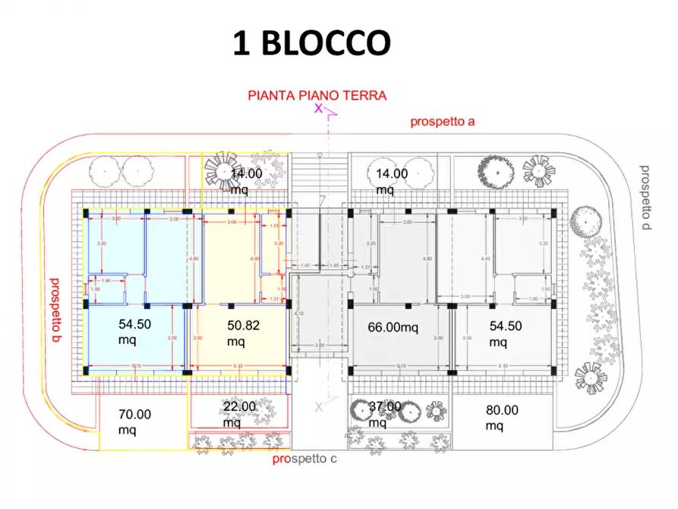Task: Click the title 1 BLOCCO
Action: (311, 43)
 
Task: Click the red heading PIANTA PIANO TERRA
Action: (317, 96)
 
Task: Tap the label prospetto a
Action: (443, 122)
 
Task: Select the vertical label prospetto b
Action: (55, 309)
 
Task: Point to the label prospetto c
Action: (304, 460)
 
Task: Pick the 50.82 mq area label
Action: (244, 333)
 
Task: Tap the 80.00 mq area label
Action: (502, 417)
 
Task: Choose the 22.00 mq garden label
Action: (240, 414)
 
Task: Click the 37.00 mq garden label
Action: (383, 414)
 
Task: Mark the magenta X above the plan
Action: (319, 109)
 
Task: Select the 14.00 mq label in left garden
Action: (246, 180)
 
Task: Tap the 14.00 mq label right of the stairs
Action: (392, 180)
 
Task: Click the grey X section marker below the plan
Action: (320, 407)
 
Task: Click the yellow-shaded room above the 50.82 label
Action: (232, 258)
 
